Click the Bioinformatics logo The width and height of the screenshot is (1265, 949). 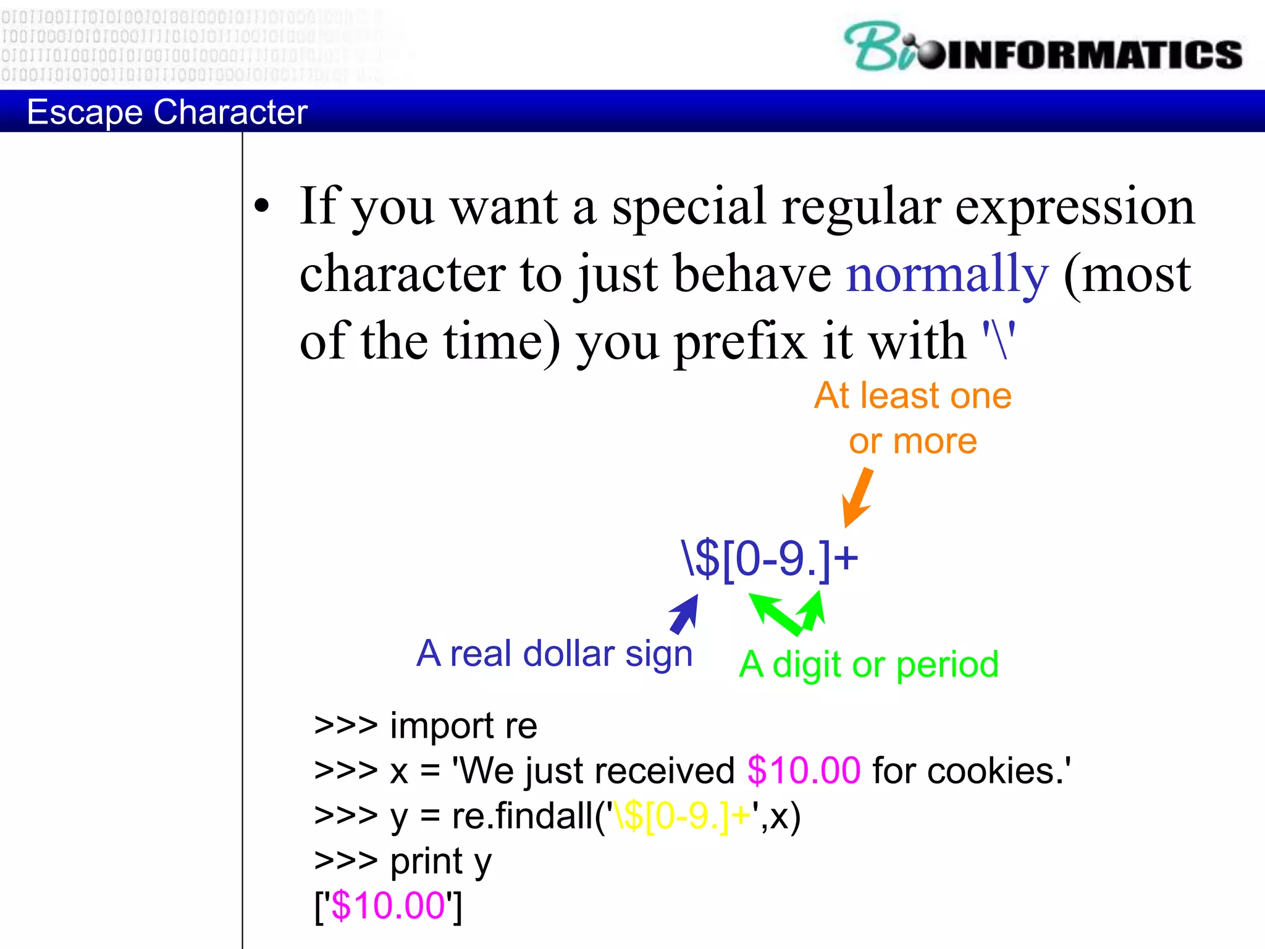(1043, 48)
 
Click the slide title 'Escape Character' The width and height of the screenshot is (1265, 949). (167, 112)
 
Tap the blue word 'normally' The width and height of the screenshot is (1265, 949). (947, 274)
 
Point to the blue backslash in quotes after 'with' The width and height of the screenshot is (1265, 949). (999, 340)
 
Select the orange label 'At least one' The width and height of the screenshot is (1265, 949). (912, 395)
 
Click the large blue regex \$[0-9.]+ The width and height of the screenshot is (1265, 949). (769, 559)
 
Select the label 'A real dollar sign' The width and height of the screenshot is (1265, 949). (554, 654)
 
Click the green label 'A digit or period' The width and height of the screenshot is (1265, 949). (868, 665)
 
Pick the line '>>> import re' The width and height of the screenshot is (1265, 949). (426, 725)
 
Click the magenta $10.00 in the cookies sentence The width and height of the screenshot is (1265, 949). (803, 770)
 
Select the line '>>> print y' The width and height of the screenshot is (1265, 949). (403, 861)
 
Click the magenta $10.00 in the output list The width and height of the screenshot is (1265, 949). (388, 906)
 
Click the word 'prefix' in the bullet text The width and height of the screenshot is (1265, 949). (740, 342)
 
